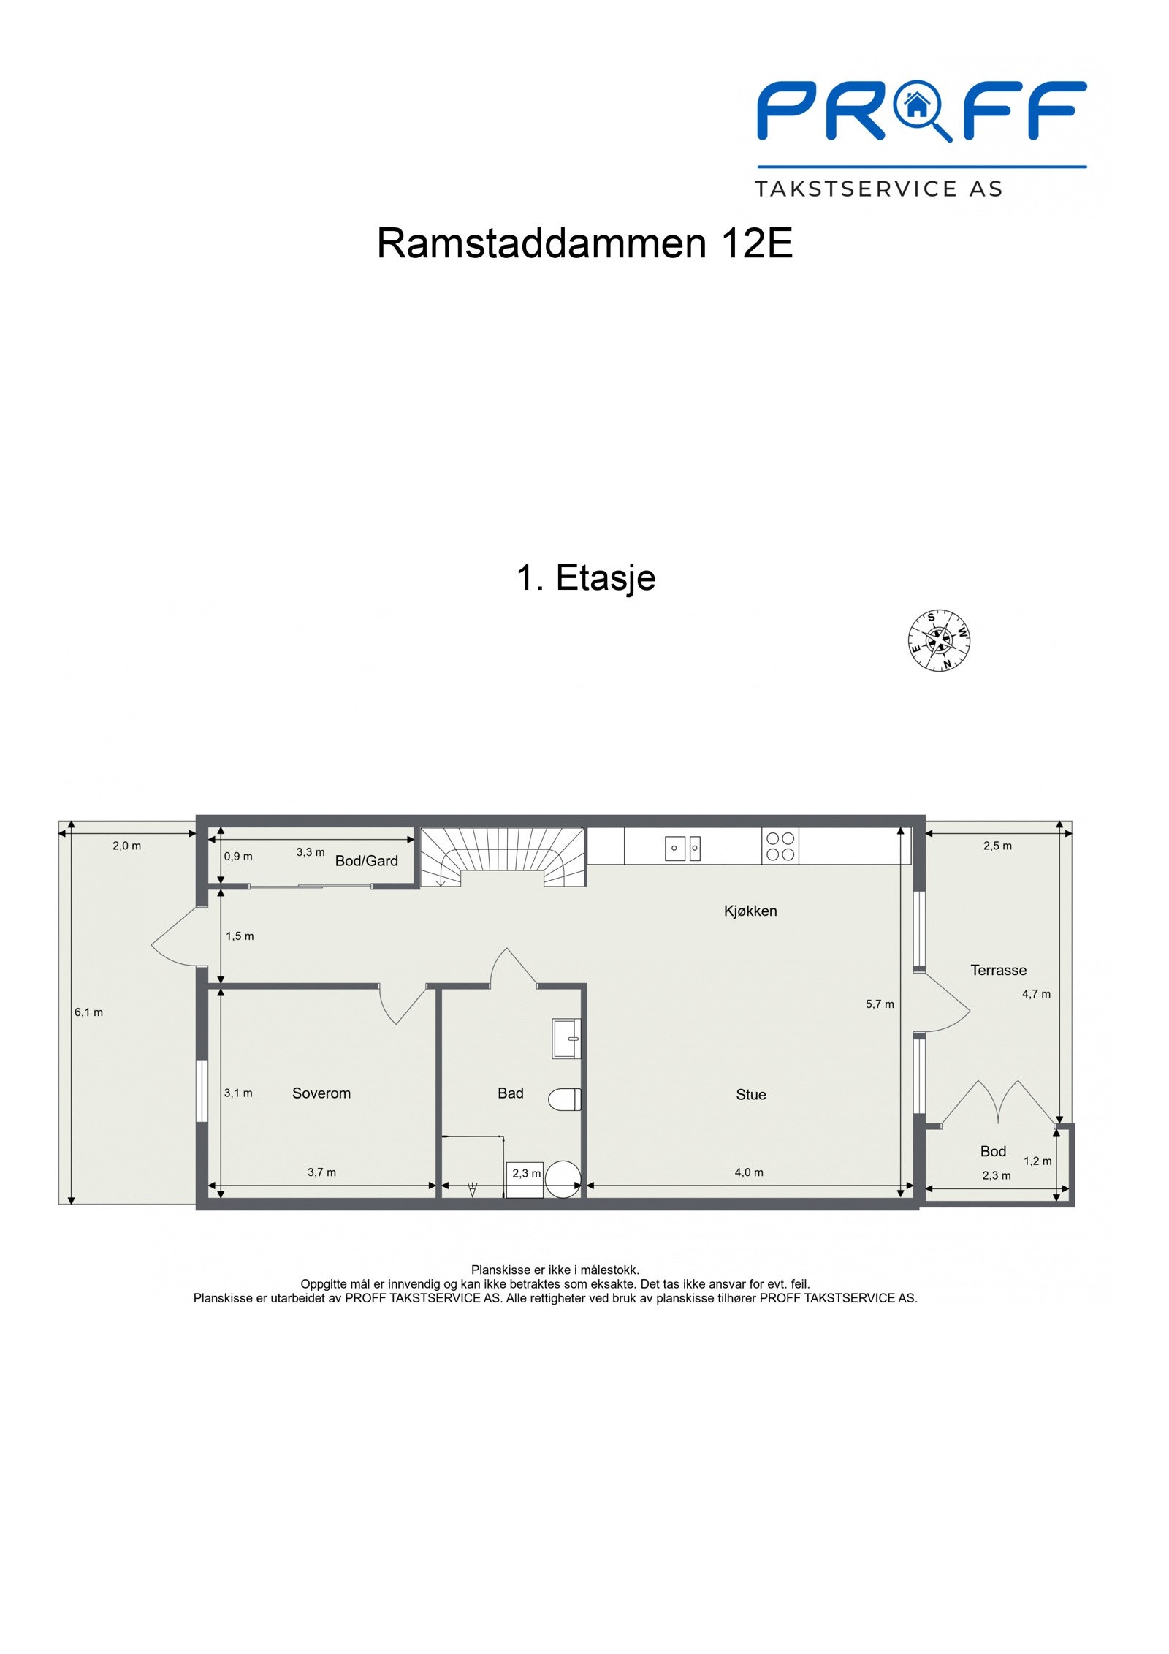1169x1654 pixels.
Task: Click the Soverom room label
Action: pyautogui.click(x=321, y=1093)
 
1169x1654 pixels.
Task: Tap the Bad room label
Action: pyautogui.click(x=510, y=1093)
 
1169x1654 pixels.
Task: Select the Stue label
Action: pyautogui.click(x=750, y=1094)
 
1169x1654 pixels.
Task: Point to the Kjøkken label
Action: pyautogui.click(x=750, y=911)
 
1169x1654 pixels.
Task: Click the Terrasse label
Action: pyautogui.click(x=998, y=970)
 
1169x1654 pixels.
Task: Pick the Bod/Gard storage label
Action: pyautogui.click(x=366, y=861)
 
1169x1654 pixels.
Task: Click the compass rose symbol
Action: pyautogui.click(x=939, y=640)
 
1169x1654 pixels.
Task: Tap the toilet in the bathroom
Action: pyautogui.click(x=565, y=1099)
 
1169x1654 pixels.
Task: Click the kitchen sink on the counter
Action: pyautogui.click(x=682, y=848)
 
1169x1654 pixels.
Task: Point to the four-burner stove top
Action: pyautogui.click(x=780, y=846)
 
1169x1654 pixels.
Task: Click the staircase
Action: pyautogui.click(x=503, y=855)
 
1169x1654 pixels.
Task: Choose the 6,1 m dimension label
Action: pyautogui.click(x=88, y=1012)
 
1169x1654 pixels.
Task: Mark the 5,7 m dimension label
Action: pyautogui.click(x=880, y=1004)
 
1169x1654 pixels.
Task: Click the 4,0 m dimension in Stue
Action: pyautogui.click(x=749, y=1172)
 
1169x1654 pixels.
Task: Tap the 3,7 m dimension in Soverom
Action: pyautogui.click(x=321, y=1172)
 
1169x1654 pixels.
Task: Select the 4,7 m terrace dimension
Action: pyautogui.click(x=1036, y=994)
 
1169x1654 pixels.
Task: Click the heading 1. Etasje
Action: pyautogui.click(x=585, y=577)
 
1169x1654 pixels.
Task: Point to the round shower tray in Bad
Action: pyautogui.click(x=563, y=1179)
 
